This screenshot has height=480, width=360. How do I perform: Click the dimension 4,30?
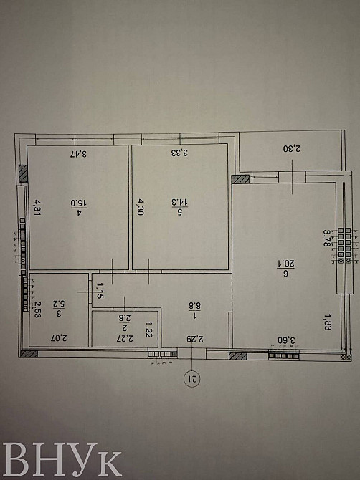[141, 208]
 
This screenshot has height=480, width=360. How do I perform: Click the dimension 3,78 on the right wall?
[327, 236]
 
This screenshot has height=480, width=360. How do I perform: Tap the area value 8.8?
[194, 304]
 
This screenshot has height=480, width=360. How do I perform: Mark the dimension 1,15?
[101, 289]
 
